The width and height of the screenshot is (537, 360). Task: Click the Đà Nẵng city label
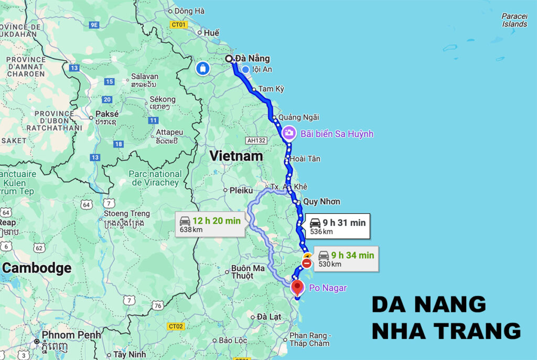pyautogui.click(x=252, y=59)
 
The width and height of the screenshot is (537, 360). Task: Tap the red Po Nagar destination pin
pyautogui.click(x=297, y=288)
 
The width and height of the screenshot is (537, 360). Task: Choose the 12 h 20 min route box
pyautogui.click(x=210, y=224)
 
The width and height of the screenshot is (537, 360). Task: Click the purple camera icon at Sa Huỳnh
pyautogui.click(x=289, y=134)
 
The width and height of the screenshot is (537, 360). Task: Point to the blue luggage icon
pyautogui.click(x=202, y=68)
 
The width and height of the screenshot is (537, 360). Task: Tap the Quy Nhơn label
pyautogui.click(x=321, y=202)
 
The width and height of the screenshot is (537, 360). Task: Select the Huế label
pyautogui.click(x=211, y=32)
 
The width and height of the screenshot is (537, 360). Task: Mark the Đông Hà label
pyautogui.click(x=189, y=10)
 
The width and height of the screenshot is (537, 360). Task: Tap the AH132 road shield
pyautogui.click(x=256, y=140)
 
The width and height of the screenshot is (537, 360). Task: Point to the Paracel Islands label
pyautogui.click(x=514, y=20)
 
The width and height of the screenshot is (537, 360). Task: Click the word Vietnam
pyautogui.click(x=236, y=156)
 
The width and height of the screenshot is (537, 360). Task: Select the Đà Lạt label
pyautogui.click(x=269, y=317)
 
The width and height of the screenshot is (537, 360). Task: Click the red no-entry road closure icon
pyautogui.click(x=307, y=264)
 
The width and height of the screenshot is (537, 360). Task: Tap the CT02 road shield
pyautogui.click(x=176, y=326)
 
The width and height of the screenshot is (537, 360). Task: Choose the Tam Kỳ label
pyautogui.click(x=271, y=89)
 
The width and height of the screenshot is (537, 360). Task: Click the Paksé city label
pyautogui.click(x=107, y=114)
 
